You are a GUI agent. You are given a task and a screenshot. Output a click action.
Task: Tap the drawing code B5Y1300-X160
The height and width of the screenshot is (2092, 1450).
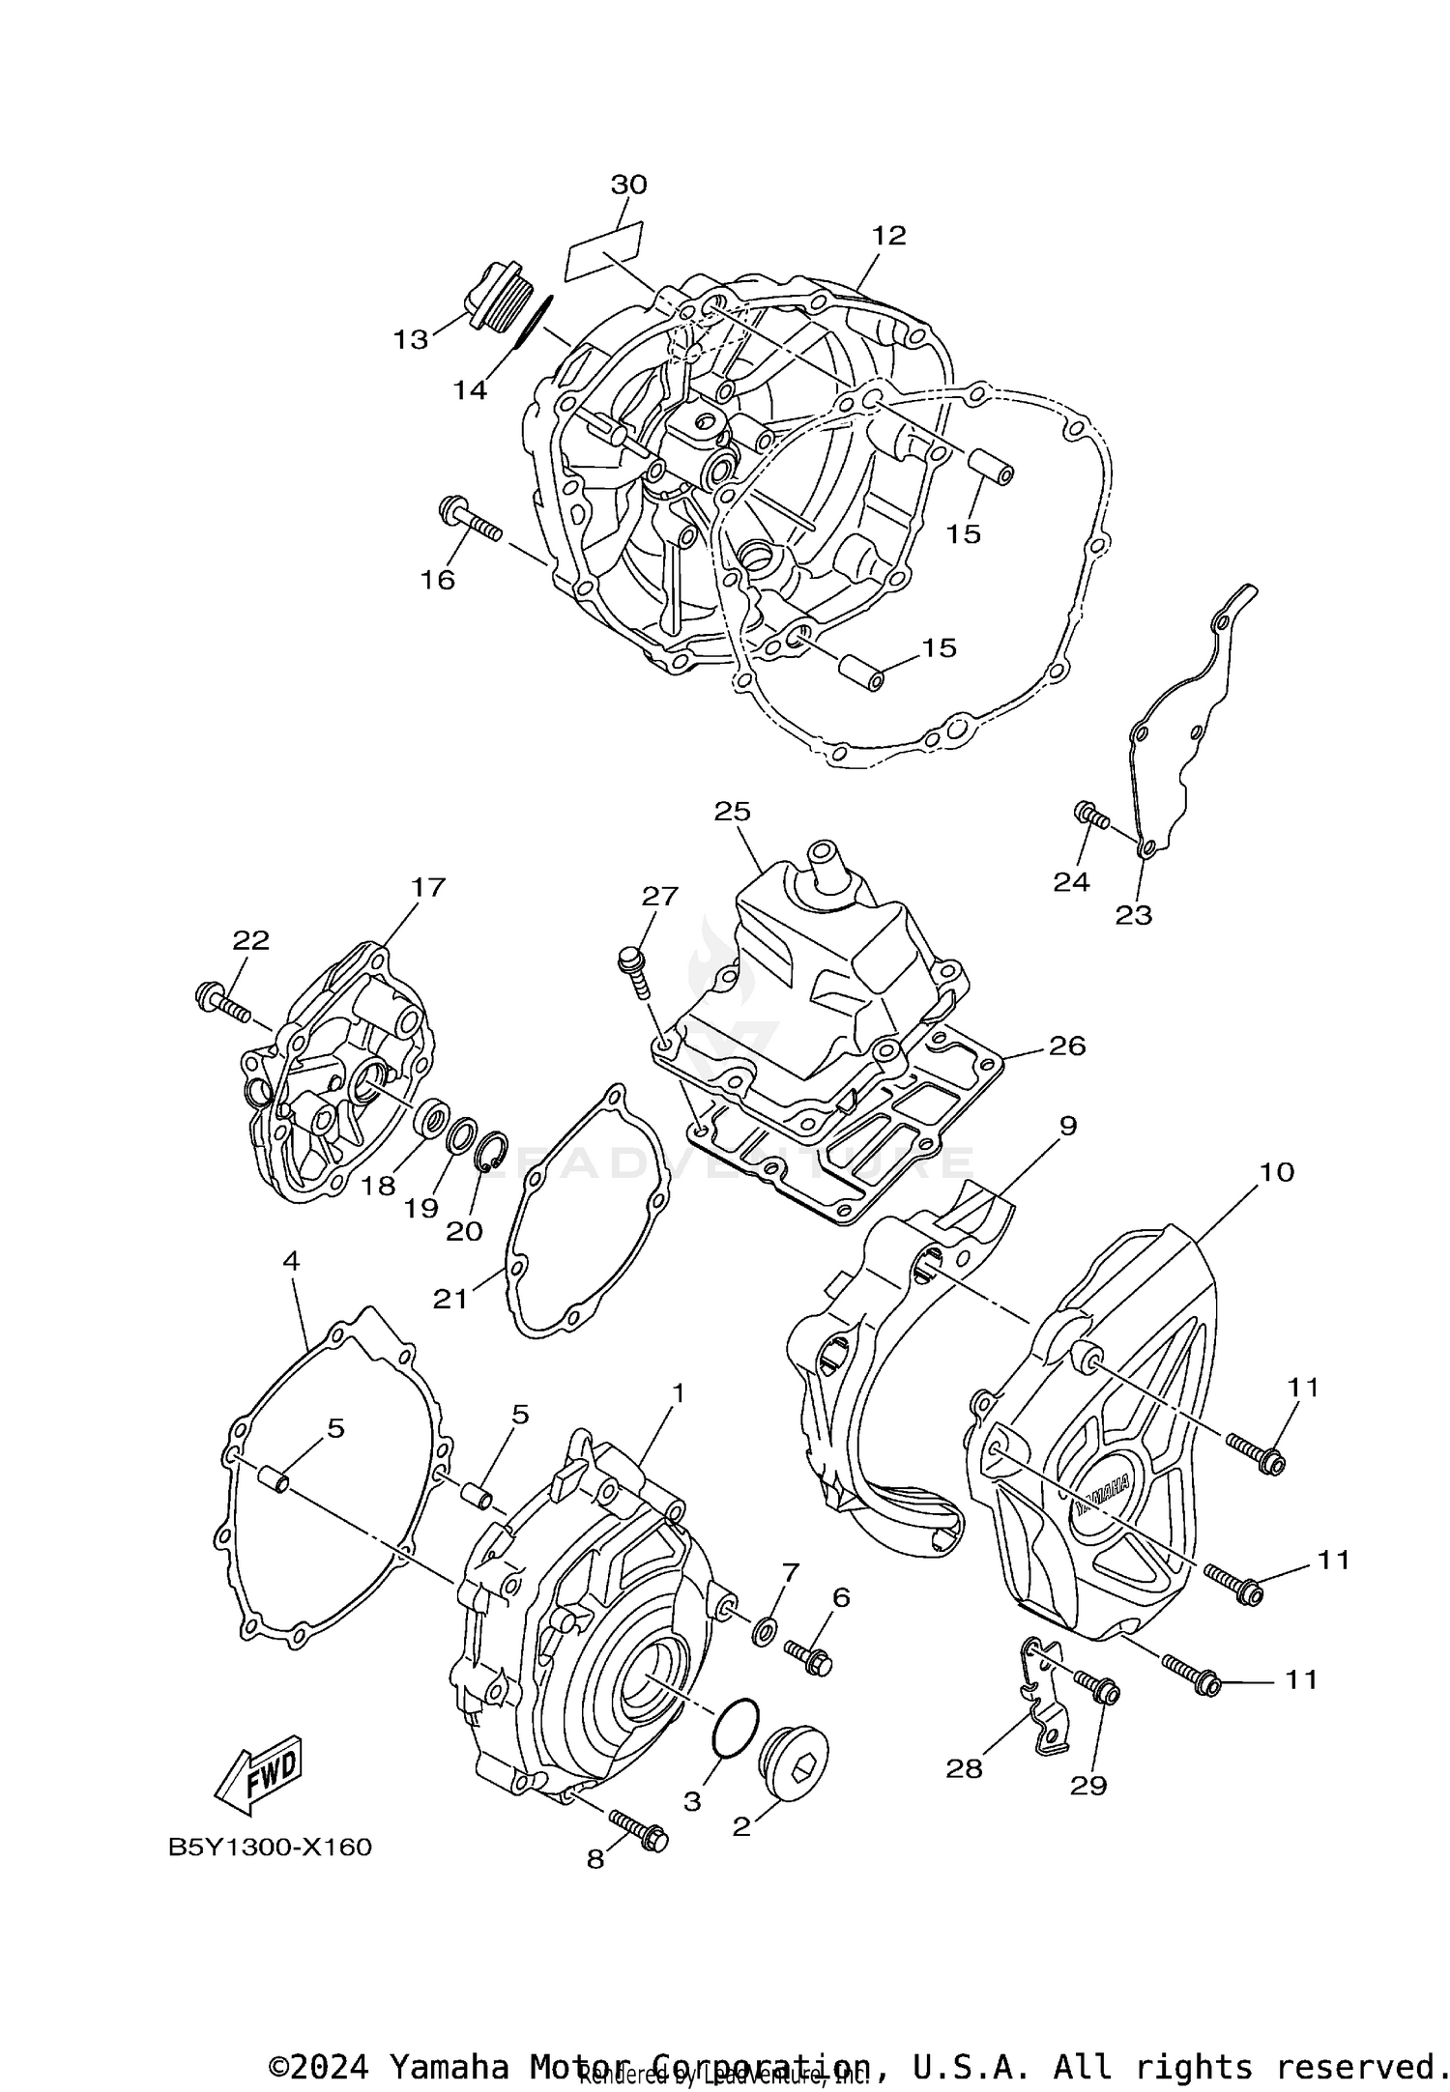tap(271, 1848)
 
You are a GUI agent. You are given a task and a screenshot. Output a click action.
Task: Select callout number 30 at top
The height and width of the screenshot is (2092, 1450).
tap(628, 184)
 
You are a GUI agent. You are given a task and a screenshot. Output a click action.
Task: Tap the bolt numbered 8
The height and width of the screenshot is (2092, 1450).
tap(640, 1829)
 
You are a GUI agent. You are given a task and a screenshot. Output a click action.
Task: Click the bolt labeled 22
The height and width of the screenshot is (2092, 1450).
tap(223, 1000)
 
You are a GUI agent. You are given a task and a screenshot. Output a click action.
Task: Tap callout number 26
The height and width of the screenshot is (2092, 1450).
tap(1067, 1046)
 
